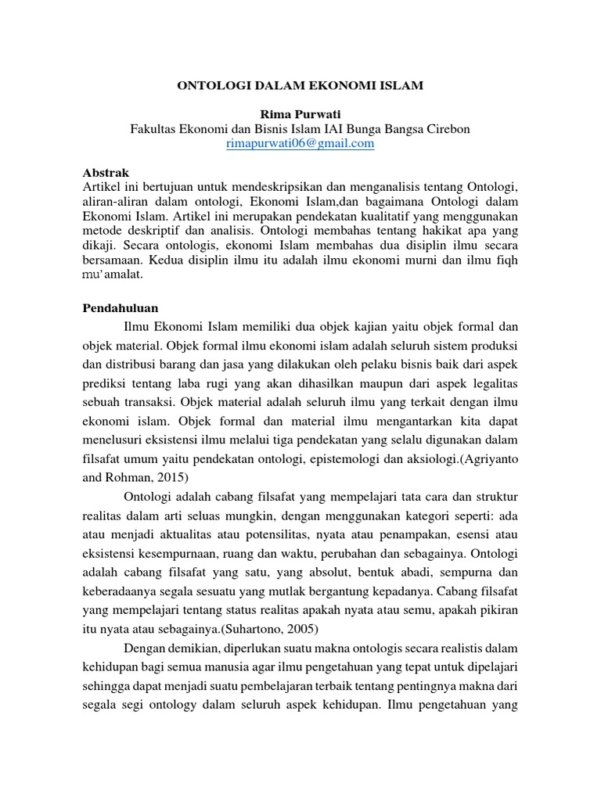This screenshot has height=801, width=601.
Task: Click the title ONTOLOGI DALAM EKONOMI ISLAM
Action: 300,86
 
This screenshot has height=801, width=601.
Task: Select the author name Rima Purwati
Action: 300,114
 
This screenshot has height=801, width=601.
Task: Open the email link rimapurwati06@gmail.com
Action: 300,144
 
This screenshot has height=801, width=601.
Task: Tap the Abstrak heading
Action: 106,172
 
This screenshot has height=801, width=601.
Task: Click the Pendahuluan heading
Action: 121,307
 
